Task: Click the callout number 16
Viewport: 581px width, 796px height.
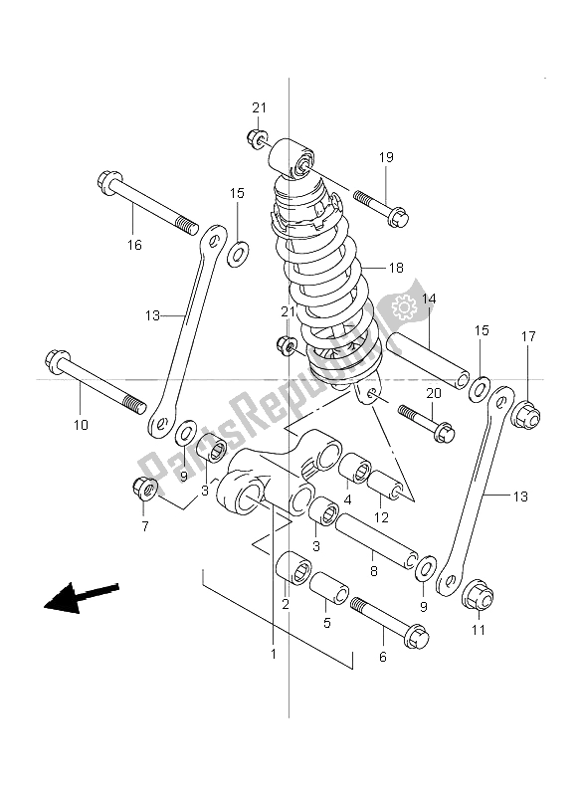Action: pyautogui.click(x=134, y=245)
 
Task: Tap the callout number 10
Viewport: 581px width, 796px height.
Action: pyautogui.click(x=81, y=425)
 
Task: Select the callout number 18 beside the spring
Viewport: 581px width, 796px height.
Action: pyautogui.click(x=396, y=268)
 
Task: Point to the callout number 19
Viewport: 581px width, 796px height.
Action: pyautogui.click(x=386, y=157)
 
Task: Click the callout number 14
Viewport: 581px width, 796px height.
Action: pyautogui.click(x=428, y=298)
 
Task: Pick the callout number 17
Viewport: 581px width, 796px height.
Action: pyautogui.click(x=527, y=336)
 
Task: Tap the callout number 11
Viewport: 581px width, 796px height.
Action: pyautogui.click(x=479, y=630)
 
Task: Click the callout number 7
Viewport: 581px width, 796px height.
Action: pyautogui.click(x=145, y=527)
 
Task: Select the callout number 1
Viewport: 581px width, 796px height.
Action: pyautogui.click(x=274, y=655)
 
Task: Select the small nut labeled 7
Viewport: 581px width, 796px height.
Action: pyautogui.click(x=143, y=489)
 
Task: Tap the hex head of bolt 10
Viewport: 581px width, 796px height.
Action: pyautogui.click(x=56, y=360)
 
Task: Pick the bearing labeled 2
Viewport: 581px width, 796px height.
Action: pyautogui.click(x=293, y=568)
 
